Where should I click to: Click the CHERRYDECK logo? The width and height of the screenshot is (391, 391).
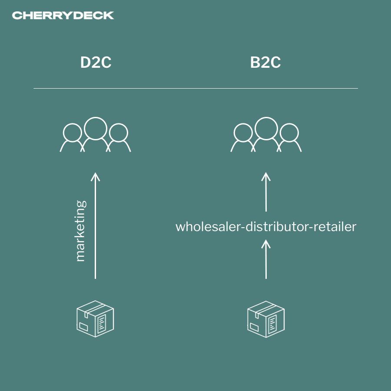(63, 16)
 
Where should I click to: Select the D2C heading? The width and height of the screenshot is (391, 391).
(96, 63)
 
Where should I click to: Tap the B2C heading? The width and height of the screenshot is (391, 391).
(265, 63)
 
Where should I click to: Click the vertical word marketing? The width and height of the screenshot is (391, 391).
(80, 230)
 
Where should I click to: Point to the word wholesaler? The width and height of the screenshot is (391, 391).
(207, 227)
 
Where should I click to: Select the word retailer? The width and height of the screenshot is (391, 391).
(334, 227)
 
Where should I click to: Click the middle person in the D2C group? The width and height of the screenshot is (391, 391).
(96, 130)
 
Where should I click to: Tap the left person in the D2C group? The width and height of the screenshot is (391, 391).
(72, 137)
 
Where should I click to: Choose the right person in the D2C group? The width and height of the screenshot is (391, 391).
(119, 137)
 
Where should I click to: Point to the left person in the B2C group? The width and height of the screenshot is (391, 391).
(242, 137)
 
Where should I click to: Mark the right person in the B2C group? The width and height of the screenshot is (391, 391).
(289, 137)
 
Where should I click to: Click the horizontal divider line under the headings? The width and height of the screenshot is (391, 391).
(195, 88)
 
